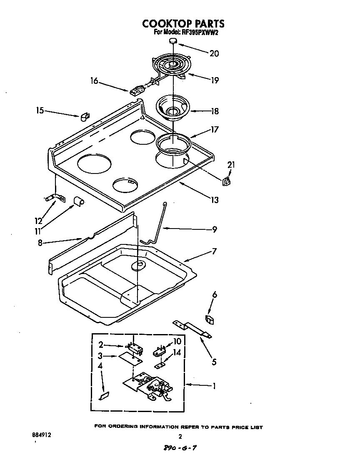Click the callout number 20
point(214,53)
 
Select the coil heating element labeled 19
point(171,67)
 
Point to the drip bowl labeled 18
point(172,108)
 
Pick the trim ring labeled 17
point(173,144)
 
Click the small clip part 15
point(85,117)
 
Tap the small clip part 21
point(227,181)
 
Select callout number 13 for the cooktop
point(214,200)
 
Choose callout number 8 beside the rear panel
point(40,242)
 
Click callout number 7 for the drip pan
point(214,251)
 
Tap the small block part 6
point(210,319)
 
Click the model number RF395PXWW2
point(198,33)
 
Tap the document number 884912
point(42,434)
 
